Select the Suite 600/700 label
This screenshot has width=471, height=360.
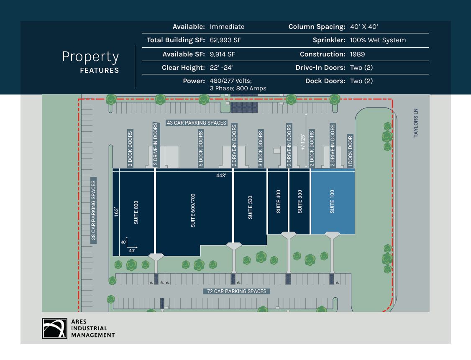[x=193, y=210]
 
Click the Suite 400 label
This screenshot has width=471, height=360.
[x=279, y=202]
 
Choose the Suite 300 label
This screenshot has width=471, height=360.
[x=299, y=201]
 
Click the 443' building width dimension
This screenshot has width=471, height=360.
[x=221, y=176]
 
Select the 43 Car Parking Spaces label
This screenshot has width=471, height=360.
[x=197, y=123]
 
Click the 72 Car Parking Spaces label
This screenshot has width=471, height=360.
[x=237, y=291]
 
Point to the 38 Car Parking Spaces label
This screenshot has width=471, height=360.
[x=94, y=211]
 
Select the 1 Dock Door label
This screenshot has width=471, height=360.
[x=351, y=151]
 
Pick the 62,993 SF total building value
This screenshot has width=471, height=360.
[x=225, y=40]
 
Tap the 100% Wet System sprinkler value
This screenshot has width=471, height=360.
[x=378, y=40]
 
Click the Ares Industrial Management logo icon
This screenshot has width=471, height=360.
[x=54, y=328]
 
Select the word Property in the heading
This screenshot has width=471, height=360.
[x=90, y=57]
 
